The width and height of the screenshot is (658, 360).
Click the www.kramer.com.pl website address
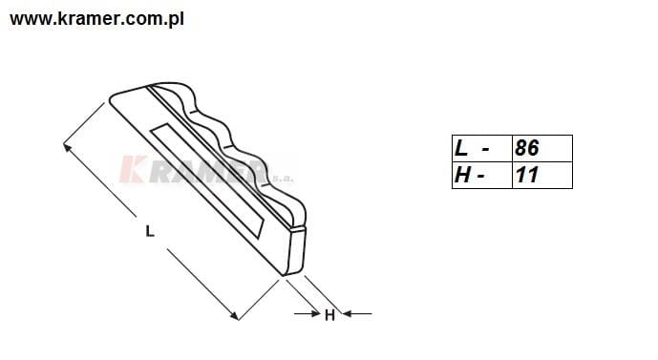(x=96, y=19)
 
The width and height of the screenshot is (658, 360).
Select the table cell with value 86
(x=542, y=148)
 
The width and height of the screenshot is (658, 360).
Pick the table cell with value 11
(x=542, y=175)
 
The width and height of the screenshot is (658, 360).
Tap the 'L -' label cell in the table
(x=482, y=148)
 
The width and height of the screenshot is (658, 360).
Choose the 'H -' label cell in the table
(x=482, y=175)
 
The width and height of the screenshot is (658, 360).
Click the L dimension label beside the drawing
(x=150, y=231)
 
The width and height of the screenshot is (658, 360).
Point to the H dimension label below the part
(x=329, y=315)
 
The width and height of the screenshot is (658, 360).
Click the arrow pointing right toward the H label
(x=308, y=313)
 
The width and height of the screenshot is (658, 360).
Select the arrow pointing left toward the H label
(x=357, y=313)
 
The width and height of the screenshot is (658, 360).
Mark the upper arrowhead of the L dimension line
(x=66, y=146)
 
